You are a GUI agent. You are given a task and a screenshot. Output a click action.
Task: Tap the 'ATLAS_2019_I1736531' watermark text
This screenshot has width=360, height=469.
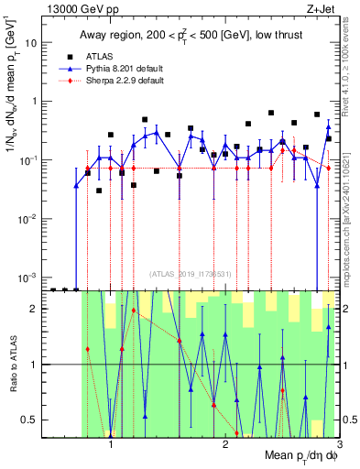pos(191,274)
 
